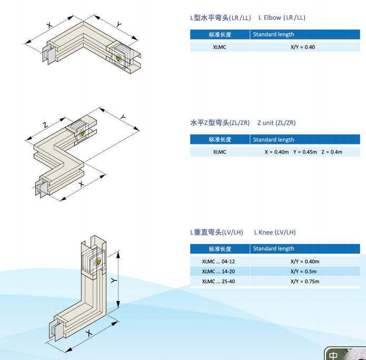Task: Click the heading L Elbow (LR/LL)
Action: coord(282,17)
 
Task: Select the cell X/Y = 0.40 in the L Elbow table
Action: coord(303,47)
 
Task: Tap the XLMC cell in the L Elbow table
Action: coord(220,47)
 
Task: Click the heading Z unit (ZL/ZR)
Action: coord(276,123)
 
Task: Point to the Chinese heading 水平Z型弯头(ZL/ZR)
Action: coord(220,123)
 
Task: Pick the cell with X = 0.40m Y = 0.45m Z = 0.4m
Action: coord(303,152)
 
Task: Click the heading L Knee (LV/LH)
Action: coord(275,232)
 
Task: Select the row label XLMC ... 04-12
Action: coord(220,261)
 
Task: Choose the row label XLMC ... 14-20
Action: coord(220,271)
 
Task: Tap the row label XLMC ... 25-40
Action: coord(220,281)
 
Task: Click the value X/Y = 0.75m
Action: coord(305,281)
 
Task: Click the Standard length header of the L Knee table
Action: coord(273,248)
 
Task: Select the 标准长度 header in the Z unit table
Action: coord(220,140)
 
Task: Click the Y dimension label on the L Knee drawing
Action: coord(114,280)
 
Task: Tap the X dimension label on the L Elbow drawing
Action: coord(50,25)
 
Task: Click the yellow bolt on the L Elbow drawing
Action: coord(120,59)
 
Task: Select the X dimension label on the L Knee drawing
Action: coord(89,333)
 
